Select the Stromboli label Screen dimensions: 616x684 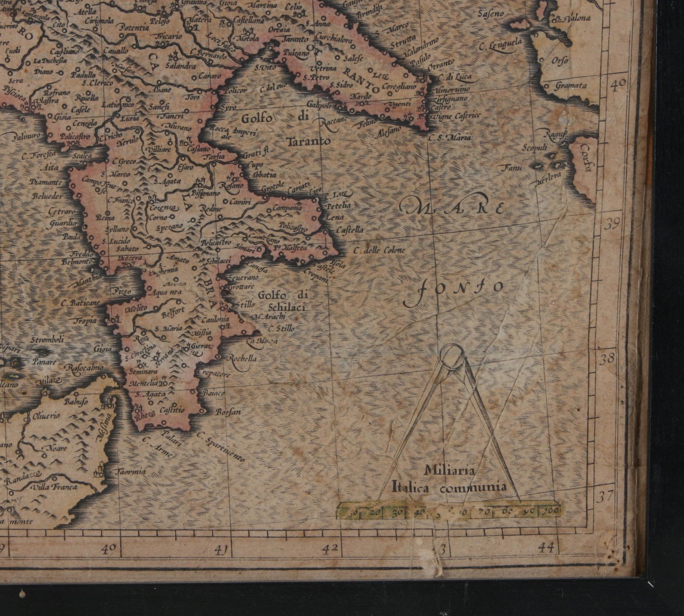pos(47,340)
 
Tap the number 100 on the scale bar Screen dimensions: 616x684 pos(551,511)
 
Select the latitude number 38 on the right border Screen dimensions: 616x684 pos(608,359)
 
